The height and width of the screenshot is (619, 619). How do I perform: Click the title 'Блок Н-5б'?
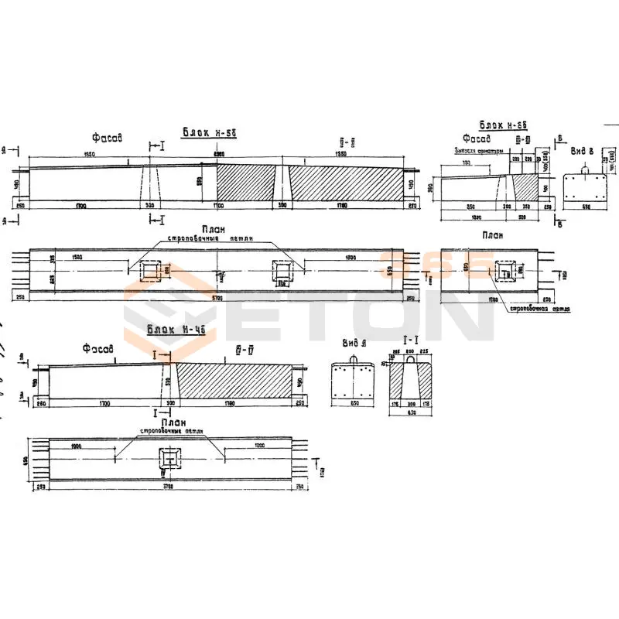point(208,132)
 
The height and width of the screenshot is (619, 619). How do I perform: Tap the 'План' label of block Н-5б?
point(212,229)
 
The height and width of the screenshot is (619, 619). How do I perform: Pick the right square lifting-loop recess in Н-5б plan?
point(282,272)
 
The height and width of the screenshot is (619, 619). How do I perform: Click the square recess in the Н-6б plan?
point(504,272)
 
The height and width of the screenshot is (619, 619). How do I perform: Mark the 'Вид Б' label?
point(583,152)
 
